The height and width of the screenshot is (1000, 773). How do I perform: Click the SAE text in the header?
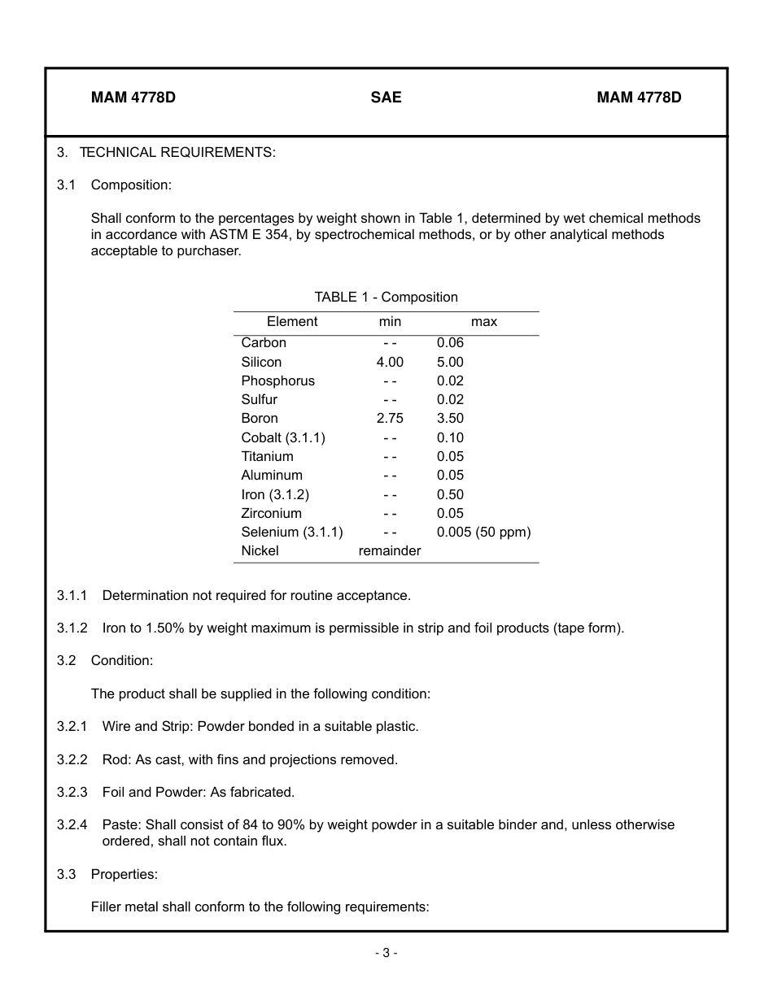click(x=386, y=98)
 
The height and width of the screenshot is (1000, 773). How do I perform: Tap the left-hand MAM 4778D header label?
click(x=133, y=98)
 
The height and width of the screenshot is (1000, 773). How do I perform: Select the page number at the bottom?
click(x=386, y=953)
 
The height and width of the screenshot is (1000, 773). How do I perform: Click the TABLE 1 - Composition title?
click(x=386, y=298)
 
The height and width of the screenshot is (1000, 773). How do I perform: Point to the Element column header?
click(x=292, y=322)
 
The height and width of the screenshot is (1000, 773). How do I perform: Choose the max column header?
click(x=483, y=322)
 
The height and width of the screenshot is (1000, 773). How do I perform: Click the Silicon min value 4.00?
click(x=390, y=362)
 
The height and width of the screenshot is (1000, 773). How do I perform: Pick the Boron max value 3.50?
click(x=450, y=419)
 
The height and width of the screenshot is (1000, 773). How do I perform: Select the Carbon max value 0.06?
click(x=450, y=343)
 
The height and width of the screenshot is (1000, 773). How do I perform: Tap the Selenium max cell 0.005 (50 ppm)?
click(x=483, y=533)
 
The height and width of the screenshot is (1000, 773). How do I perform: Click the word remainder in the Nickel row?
click(x=390, y=551)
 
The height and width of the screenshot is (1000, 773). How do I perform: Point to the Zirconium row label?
click(x=271, y=514)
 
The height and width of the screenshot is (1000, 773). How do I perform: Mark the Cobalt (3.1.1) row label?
click(x=282, y=438)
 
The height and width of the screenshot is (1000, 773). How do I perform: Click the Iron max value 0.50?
click(x=450, y=495)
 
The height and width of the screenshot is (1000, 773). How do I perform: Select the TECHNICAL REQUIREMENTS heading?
click(x=177, y=153)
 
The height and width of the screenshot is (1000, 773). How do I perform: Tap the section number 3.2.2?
click(x=72, y=760)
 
